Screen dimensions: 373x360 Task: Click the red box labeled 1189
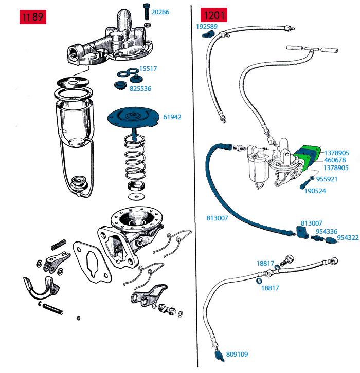click(32, 16)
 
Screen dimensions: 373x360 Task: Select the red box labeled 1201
click(214, 16)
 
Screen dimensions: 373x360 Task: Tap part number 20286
click(160, 12)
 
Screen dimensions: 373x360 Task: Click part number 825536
click(140, 89)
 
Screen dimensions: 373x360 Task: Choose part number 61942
click(172, 117)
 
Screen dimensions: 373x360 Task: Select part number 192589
click(207, 26)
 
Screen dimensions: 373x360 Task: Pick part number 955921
click(327, 179)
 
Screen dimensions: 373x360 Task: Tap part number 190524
click(315, 191)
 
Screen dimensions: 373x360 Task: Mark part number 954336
click(327, 232)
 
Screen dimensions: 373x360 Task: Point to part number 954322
click(348, 238)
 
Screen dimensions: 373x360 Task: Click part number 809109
click(237, 354)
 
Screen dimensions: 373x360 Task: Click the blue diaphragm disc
click(133, 118)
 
